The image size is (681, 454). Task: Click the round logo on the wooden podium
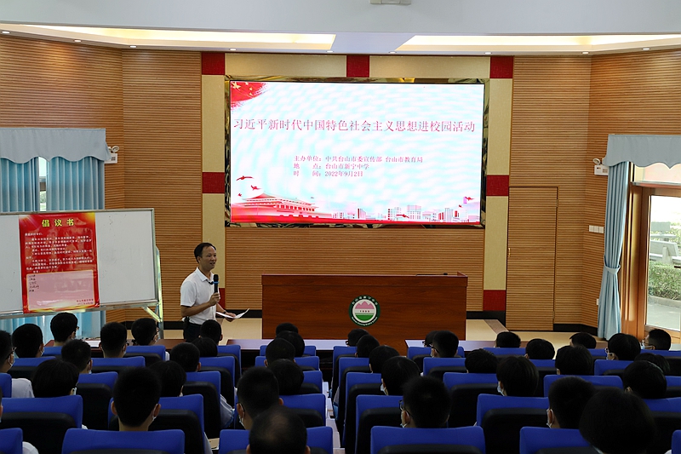(364, 310)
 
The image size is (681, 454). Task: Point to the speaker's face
(204, 256)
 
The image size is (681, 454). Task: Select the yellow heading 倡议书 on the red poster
(59, 221)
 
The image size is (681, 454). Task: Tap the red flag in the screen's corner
(248, 91)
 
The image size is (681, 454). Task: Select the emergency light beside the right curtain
(600, 167)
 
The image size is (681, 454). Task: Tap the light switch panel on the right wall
(595, 229)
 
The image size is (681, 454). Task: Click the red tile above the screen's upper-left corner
(213, 64)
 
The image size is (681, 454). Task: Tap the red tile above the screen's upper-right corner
(501, 67)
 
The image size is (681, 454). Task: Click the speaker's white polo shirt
(198, 294)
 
